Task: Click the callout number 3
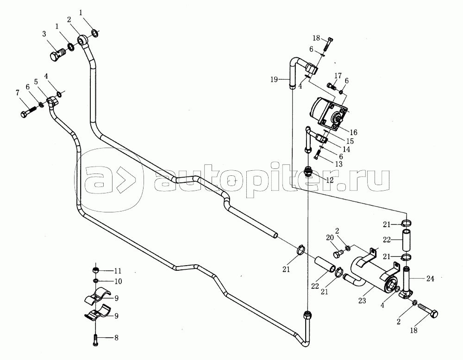click(x=44, y=34)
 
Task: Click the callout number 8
click(x=116, y=338)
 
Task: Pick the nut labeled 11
click(x=95, y=270)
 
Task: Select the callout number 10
click(x=117, y=281)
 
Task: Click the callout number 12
click(x=330, y=180)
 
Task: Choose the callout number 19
click(x=275, y=80)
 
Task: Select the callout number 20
click(x=329, y=238)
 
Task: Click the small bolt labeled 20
click(x=337, y=254)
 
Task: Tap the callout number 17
click(x=338, y=75)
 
